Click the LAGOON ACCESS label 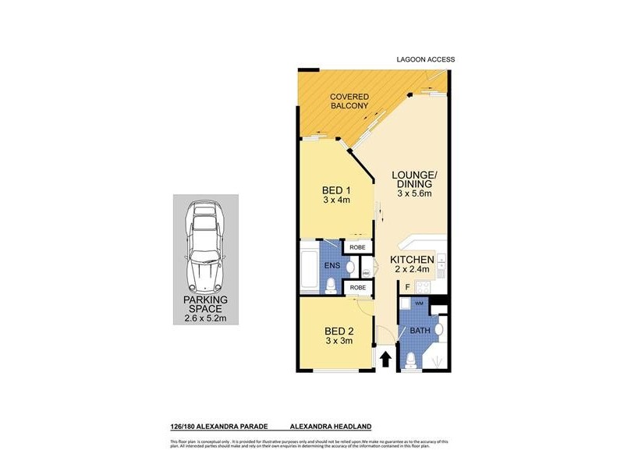click(424, 59)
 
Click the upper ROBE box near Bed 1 click(358, 247)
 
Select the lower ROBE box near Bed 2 click(358, 288)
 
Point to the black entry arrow click(385, 360)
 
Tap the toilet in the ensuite click(332, 286)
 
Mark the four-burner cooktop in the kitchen click(441, 272)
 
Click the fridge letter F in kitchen click(407, 287)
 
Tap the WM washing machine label click(418, 303)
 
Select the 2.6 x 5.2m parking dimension click(205, 318)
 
